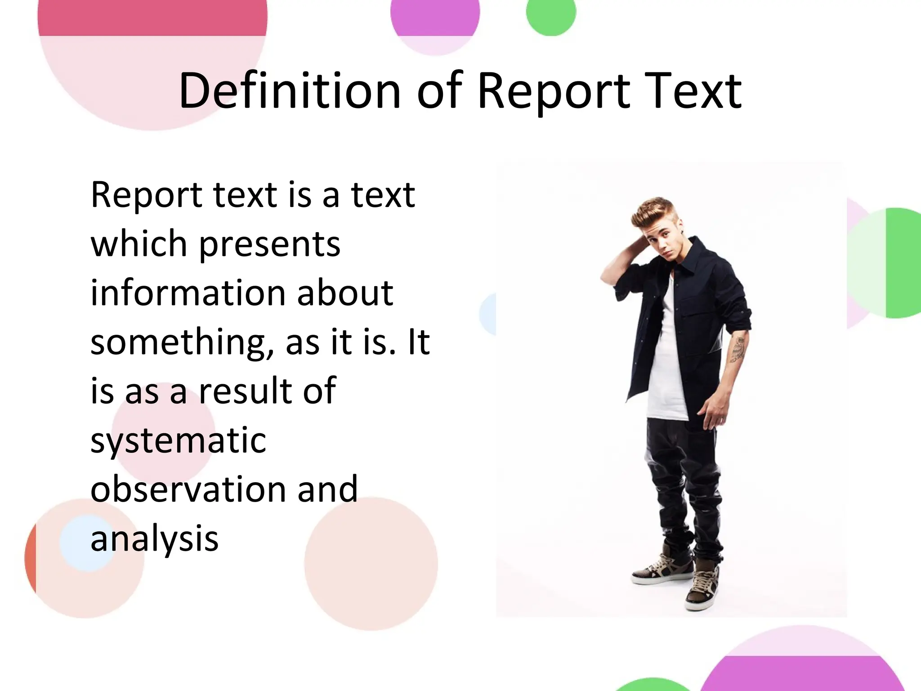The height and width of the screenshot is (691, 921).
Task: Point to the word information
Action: click(188, 293)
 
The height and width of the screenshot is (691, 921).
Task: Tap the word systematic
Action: click(178, 441)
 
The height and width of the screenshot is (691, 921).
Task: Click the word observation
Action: click(188, 489)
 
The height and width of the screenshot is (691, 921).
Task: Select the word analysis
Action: click(154, 539)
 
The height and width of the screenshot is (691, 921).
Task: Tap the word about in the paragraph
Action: click(345, 293)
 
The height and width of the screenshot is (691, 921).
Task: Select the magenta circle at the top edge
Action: click(434, 16)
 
